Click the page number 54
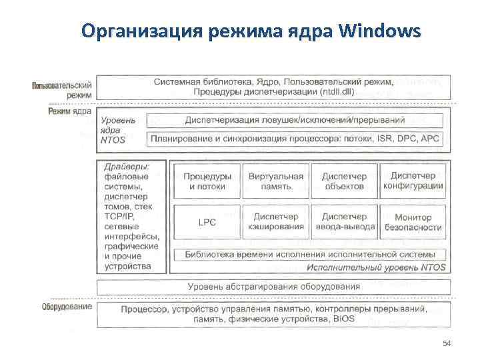pos(447,343)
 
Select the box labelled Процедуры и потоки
pos(207,181)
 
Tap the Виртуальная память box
pos(275,181)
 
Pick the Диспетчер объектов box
pos(344,181)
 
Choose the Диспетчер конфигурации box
pos(413,181)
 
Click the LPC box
pos(207,222)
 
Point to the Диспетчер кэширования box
pos(275,222)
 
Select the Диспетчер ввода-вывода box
pos(344,222)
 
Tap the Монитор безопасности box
pos(413,222)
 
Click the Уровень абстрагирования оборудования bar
pos(274,287)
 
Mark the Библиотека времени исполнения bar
pos(310,254)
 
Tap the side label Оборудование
pos(67,307)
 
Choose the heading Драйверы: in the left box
pos(127,165)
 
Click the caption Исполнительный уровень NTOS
pos(376,267)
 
